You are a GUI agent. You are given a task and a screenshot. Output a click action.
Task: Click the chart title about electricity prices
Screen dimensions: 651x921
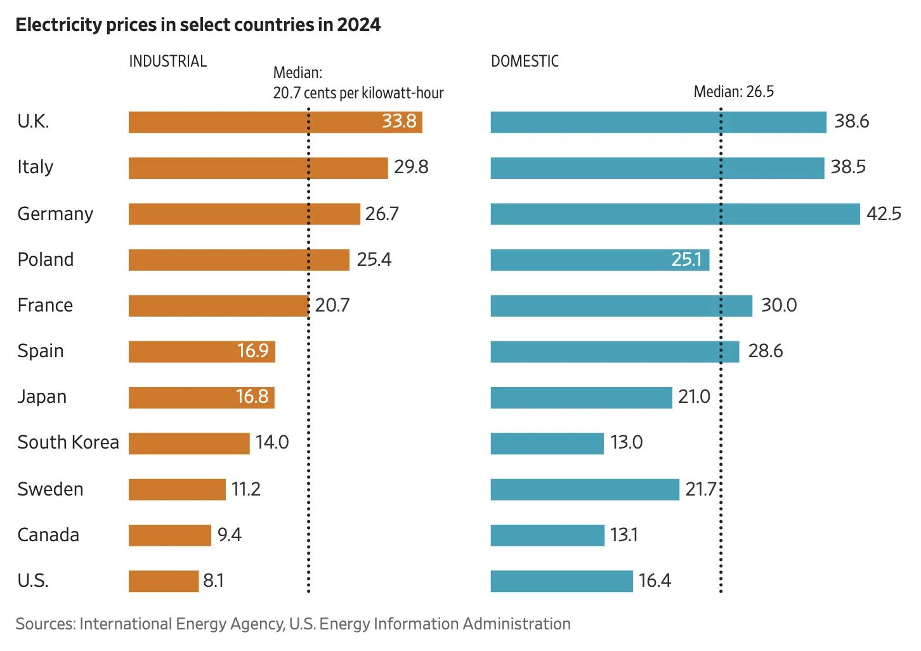[198, 25]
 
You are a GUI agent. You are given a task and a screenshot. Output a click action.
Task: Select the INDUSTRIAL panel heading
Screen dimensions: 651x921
[168, 62]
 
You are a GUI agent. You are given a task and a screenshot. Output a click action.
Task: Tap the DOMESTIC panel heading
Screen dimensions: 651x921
[525, 62]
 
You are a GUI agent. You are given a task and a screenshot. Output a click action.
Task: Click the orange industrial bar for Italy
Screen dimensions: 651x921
[258, 168]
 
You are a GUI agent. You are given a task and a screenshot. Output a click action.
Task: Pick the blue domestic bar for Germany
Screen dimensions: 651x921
[675, 214]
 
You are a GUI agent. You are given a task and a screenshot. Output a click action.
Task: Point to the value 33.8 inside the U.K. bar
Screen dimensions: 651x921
[399, 121]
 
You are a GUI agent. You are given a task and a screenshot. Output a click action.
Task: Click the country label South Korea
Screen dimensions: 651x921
[68, 442]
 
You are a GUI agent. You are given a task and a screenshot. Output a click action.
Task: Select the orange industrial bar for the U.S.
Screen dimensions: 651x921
[163, 581]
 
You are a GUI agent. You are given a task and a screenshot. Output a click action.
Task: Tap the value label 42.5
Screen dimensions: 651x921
[884, 214]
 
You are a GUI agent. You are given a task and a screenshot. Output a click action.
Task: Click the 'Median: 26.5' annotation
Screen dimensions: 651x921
[733, 92]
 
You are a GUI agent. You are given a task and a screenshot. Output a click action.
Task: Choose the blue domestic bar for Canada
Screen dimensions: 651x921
[547, 536]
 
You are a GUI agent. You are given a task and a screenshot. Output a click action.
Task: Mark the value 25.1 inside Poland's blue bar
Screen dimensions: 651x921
[686, 260]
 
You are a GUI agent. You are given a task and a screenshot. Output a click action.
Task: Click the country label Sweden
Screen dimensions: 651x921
[50, 489]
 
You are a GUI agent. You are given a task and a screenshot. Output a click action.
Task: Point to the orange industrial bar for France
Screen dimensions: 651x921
[218, 306]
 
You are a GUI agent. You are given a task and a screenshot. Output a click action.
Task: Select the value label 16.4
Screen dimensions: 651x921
[655, 581]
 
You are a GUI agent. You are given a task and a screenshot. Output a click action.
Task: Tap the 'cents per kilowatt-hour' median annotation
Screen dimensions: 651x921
[358, 93]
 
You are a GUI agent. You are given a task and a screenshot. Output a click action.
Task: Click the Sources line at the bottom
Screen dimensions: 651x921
[292, 624]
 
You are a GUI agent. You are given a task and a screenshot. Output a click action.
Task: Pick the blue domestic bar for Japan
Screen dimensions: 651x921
[580, 398]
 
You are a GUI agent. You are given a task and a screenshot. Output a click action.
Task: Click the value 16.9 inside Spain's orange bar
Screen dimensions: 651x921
[252, 351]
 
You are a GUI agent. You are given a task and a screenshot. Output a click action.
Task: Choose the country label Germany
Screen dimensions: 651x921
[55, 214]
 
